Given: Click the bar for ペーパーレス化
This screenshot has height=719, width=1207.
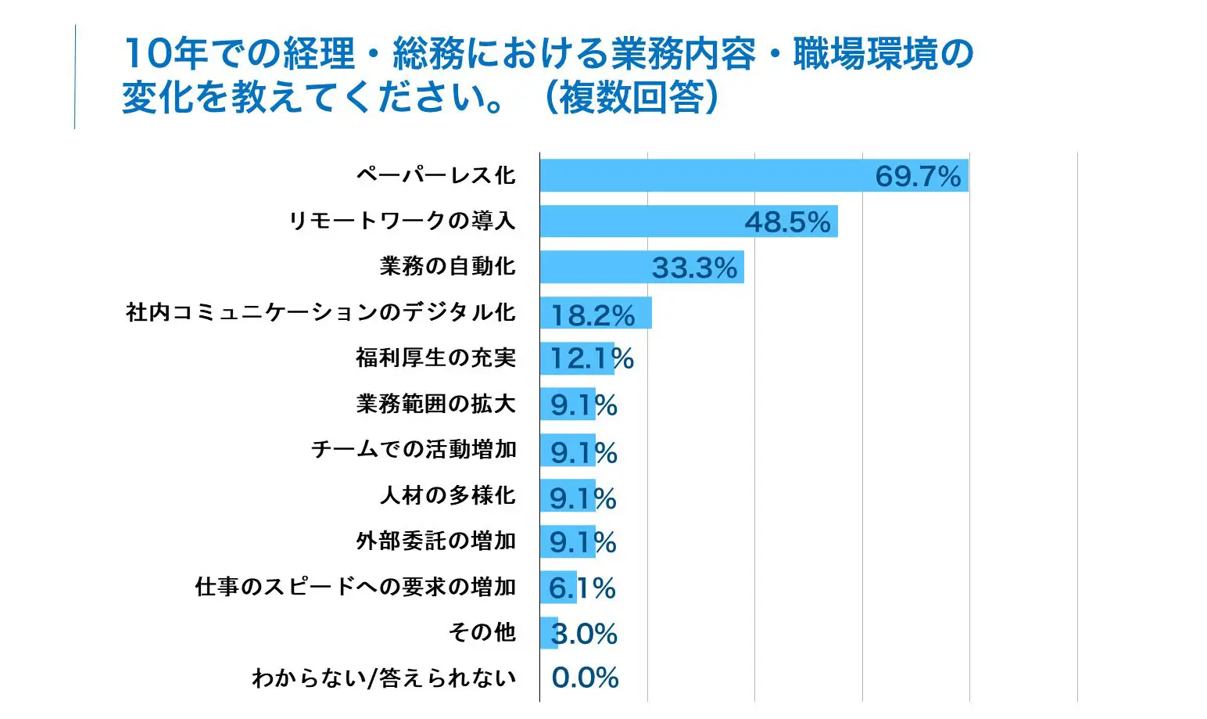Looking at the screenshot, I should [704, 175].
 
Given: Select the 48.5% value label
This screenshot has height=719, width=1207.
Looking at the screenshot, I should [787, 222].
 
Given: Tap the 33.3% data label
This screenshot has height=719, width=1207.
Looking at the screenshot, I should [694, 268].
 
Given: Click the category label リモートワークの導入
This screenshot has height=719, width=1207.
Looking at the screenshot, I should [402, 221].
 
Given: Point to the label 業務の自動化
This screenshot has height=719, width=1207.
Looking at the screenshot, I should [447, 266].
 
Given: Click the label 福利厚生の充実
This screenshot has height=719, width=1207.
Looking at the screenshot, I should [435, 358].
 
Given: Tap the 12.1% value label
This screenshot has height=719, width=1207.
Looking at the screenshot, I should [592, 359].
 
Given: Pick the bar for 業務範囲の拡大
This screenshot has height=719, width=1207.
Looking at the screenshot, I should [567, 404].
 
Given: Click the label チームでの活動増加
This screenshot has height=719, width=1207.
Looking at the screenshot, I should [414, 449].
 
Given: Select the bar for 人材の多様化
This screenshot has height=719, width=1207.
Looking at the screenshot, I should [567, 496].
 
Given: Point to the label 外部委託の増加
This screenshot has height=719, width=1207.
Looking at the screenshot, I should [435, 541].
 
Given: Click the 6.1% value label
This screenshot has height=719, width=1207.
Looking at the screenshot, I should [582, 588].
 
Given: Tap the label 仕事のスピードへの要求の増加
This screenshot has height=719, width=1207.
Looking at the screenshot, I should [355, 586].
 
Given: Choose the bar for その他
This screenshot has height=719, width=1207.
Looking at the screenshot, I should [548, 633].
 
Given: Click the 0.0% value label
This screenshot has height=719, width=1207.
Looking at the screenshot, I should [585, 678].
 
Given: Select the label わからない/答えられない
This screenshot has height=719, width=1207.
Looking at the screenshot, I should [383, 678].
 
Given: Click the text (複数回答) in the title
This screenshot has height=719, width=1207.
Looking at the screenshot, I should [631, 98].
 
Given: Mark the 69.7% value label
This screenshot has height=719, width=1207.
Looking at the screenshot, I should [917, 177].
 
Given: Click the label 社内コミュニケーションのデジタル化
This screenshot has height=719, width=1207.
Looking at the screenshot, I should [321, 312].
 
